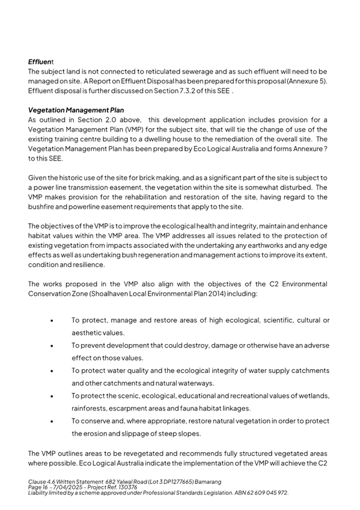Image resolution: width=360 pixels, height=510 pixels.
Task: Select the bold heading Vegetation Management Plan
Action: (x=76, y=110)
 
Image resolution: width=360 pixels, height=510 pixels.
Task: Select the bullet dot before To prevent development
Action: (x=55, y=345)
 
